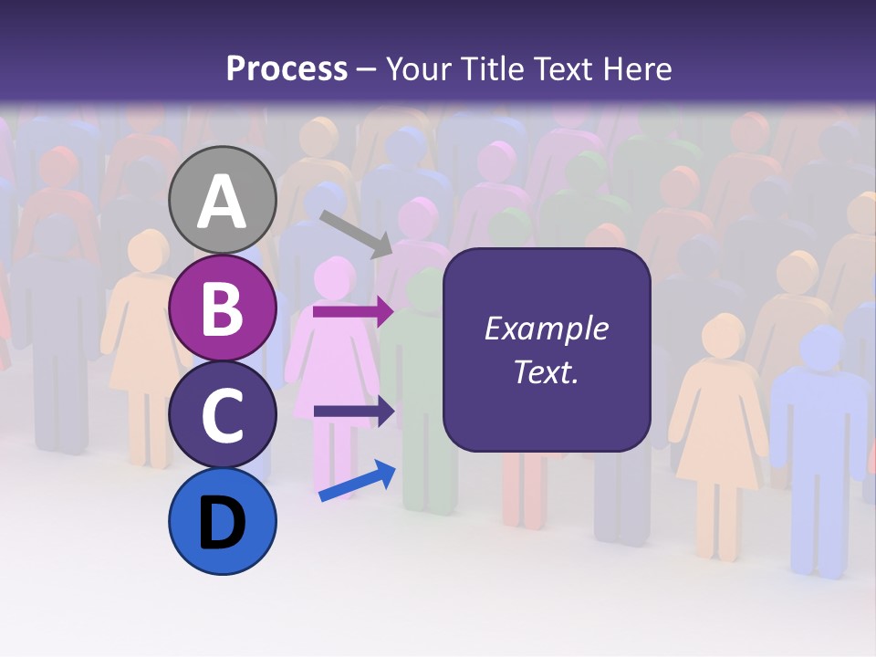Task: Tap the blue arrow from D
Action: [357, 481]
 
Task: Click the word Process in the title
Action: [287, 68]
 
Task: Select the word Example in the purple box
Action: [547, 328]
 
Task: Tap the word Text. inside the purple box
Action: [547, 371]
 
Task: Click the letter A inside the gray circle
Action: [223, 203]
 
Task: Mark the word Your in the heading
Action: [420, 68]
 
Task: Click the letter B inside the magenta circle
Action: [223, 308]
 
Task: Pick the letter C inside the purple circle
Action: [223, 415]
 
